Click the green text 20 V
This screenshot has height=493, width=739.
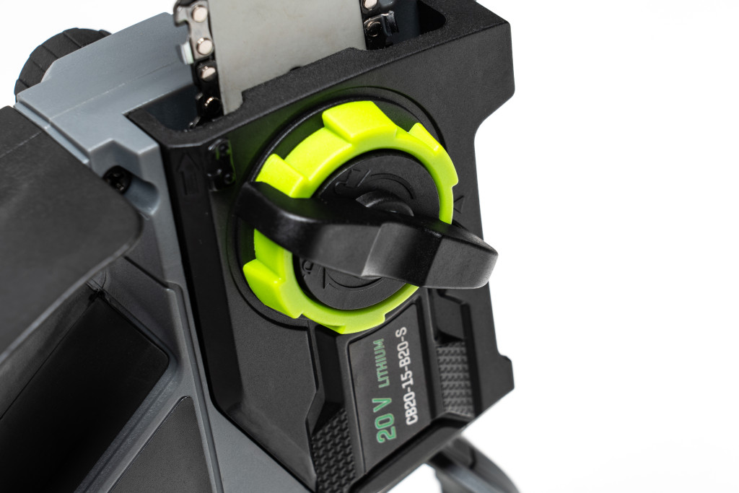tap(385, 420)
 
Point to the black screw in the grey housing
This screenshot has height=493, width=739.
tap(116, 180)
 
